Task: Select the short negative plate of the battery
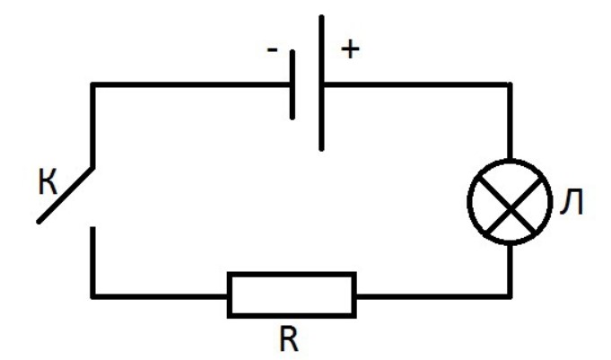click(x=292, y=86)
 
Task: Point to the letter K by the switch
click(x=46, y=182)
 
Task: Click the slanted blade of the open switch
click(x=65, y=194)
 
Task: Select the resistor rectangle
click(x=291, y=294)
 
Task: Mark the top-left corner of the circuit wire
click(x=92, y=85)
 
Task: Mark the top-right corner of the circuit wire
click(x=511, y=85)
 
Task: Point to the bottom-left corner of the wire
click(x=92, y=294)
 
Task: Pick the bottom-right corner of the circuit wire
click(x=511, y=294)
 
